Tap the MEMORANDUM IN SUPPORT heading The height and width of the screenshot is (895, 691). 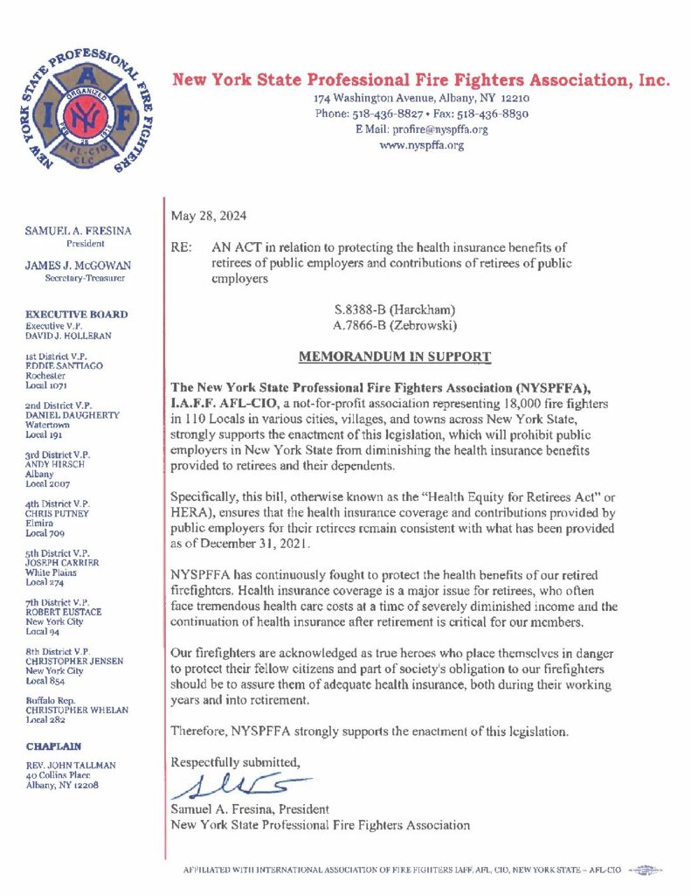pos(395,357)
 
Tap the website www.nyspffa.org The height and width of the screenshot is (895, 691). pos(421,145)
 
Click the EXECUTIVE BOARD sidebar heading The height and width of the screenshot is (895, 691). pos(77,314)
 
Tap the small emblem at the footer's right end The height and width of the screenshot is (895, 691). pos(645,870)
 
